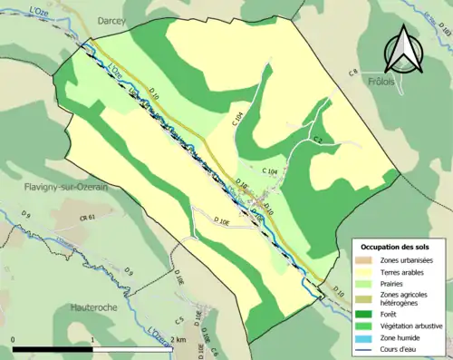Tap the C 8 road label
353,71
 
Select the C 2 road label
319,139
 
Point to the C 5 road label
179,321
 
